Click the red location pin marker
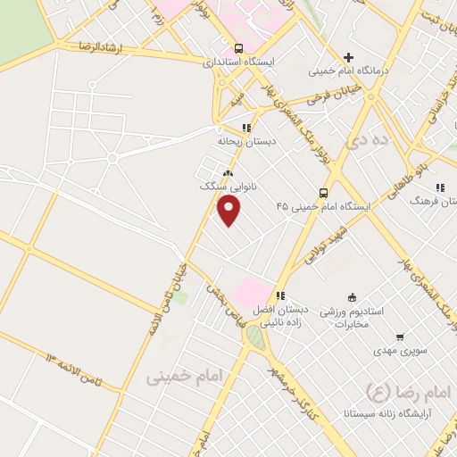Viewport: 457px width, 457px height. (229, 211)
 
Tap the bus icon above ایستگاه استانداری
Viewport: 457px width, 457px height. (237, 48)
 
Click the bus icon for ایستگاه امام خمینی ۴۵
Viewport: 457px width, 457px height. (323, 192)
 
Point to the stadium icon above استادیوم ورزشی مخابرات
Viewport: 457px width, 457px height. (352, 297)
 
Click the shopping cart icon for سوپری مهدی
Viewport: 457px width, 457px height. (400, 337)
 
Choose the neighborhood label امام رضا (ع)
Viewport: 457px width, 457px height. (403, 390)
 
